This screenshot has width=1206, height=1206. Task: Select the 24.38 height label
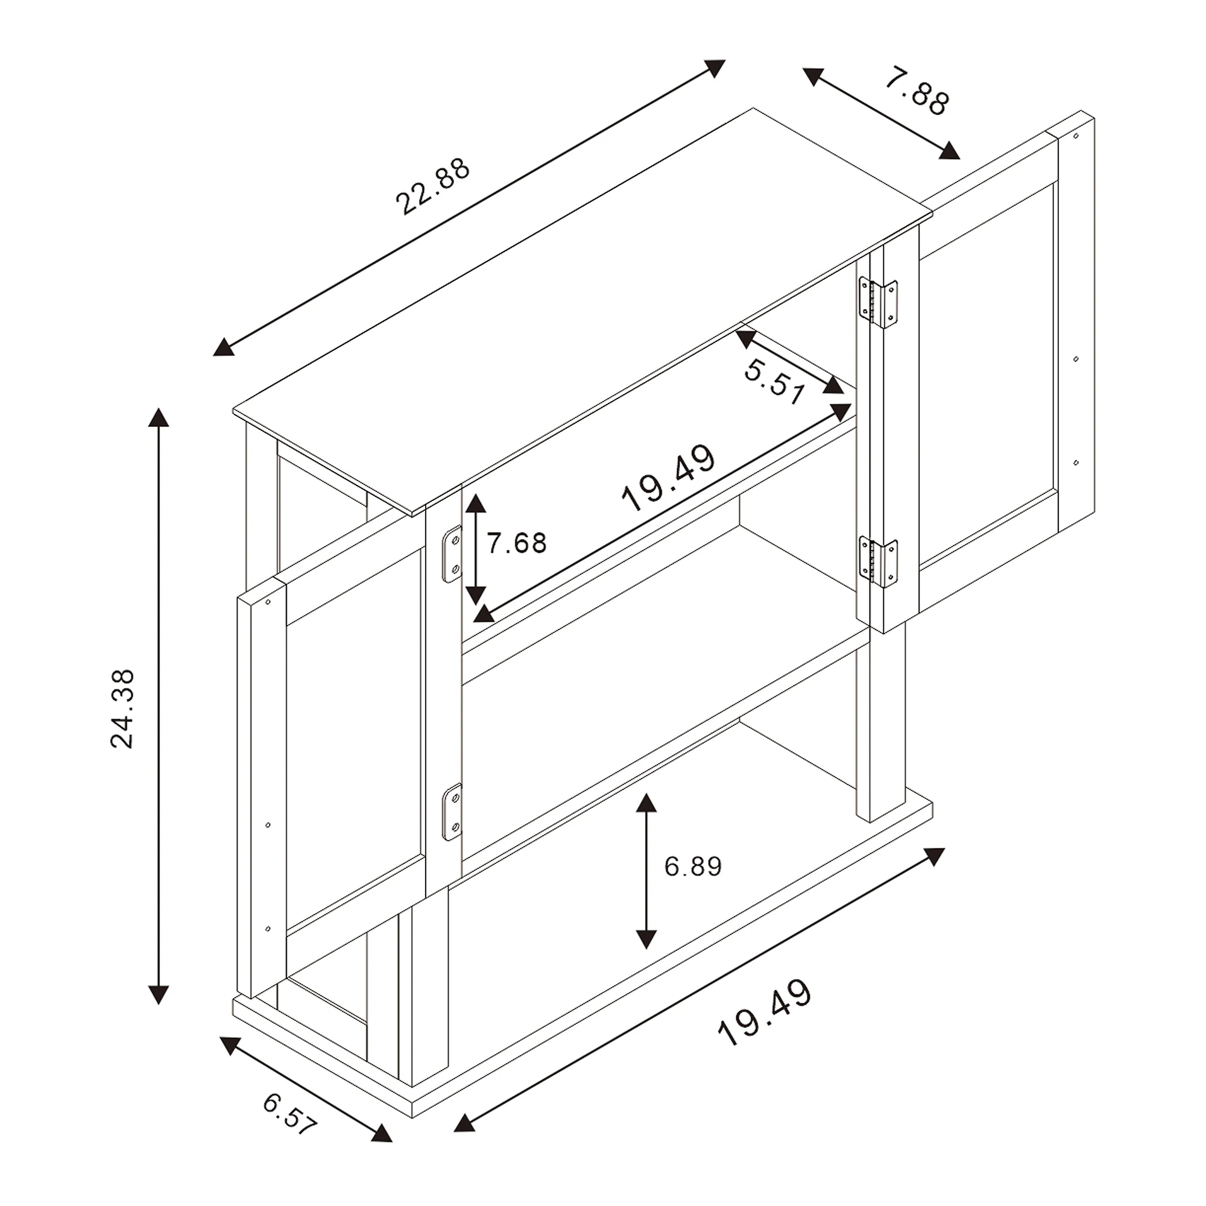click(x=122, y=709)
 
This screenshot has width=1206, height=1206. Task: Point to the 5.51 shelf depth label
click(x=775, y=383)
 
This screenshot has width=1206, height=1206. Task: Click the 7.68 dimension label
click(x=517, y=543)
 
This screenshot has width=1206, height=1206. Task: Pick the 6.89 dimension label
click(x=693, y=866)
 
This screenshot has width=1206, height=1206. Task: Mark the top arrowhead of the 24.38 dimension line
click(x=159, y=416)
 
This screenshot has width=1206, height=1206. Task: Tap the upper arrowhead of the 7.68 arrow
click(x=476, y=502)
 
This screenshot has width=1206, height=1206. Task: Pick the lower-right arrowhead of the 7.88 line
click(x=950, y=151)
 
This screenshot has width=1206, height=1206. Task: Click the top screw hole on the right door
click(x=1076, y=136)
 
